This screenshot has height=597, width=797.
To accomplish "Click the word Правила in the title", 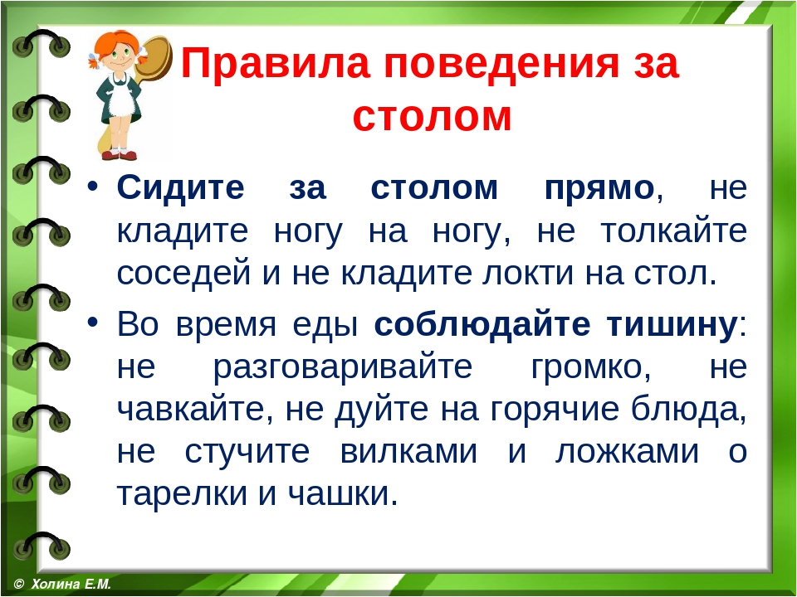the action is tap(275, 63).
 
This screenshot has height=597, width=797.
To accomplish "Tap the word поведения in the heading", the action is tap(501, 64).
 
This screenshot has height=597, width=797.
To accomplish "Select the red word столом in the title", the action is tap(432, 116).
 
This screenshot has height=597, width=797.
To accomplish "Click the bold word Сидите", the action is tap(180, 188).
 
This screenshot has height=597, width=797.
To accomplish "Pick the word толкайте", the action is tap(674, 231).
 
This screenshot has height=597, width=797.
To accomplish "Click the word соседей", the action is tap(183, 274).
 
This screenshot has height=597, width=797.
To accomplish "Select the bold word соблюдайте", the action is tap(482, 324).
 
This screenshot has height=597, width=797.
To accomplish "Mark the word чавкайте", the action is tap(191, 409).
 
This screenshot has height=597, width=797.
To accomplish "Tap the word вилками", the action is tap(408, 451).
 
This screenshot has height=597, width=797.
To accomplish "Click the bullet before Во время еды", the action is tap(92, 322).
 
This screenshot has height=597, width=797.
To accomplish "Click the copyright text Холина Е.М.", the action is tap(71, 583).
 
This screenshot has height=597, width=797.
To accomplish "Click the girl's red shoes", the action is tap(119, 155).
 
